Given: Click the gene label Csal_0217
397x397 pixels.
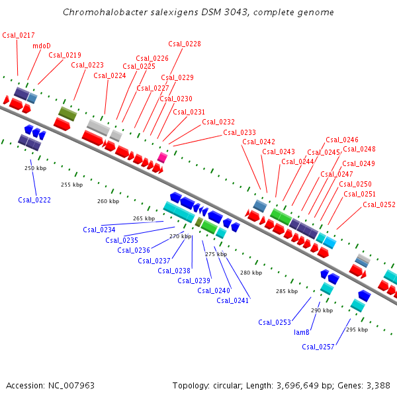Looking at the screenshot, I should tap(19, 35).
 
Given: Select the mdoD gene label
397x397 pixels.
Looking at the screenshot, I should tap(41, 46).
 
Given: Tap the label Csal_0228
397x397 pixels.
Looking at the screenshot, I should tap(185, 44).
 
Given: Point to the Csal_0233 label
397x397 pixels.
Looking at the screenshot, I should tap(240, 132).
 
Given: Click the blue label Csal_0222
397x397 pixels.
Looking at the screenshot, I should tap(34, 199).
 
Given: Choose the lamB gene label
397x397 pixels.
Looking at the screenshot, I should tap(302, 333).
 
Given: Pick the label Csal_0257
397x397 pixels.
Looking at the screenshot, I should tap(318, 346).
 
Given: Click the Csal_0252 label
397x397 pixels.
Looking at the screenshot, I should tap(379, 204).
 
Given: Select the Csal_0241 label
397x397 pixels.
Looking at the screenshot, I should tap(233, 300).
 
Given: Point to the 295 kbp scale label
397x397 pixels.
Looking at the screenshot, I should tap(356, 329).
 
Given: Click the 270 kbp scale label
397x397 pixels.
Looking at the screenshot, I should tap(179, 236).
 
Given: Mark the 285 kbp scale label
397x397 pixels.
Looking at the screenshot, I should tap(287, 290).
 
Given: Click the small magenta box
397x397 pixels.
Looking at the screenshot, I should tap(162, 157).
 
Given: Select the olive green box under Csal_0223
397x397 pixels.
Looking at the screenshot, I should tap(67, 113).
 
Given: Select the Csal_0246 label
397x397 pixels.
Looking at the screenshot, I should tap(342, 140).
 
